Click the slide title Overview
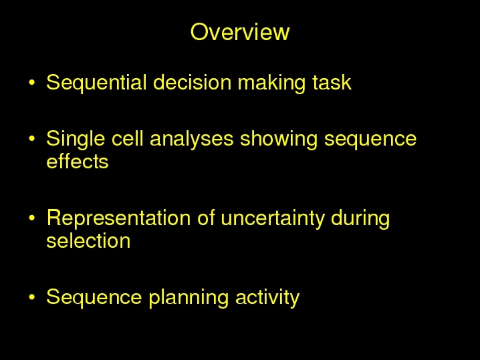240,32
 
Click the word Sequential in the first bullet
96,83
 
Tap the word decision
192,82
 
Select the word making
271,83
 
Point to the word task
332,82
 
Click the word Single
76,139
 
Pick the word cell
127,138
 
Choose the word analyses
192,140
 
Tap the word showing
279,140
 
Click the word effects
78,161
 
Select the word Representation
118,218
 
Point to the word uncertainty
272,218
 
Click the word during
360,218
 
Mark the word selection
88,240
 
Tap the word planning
189,297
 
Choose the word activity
267,297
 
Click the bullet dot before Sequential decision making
32,82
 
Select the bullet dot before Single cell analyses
32,138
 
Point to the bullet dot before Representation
32,218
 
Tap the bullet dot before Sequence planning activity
32,297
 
